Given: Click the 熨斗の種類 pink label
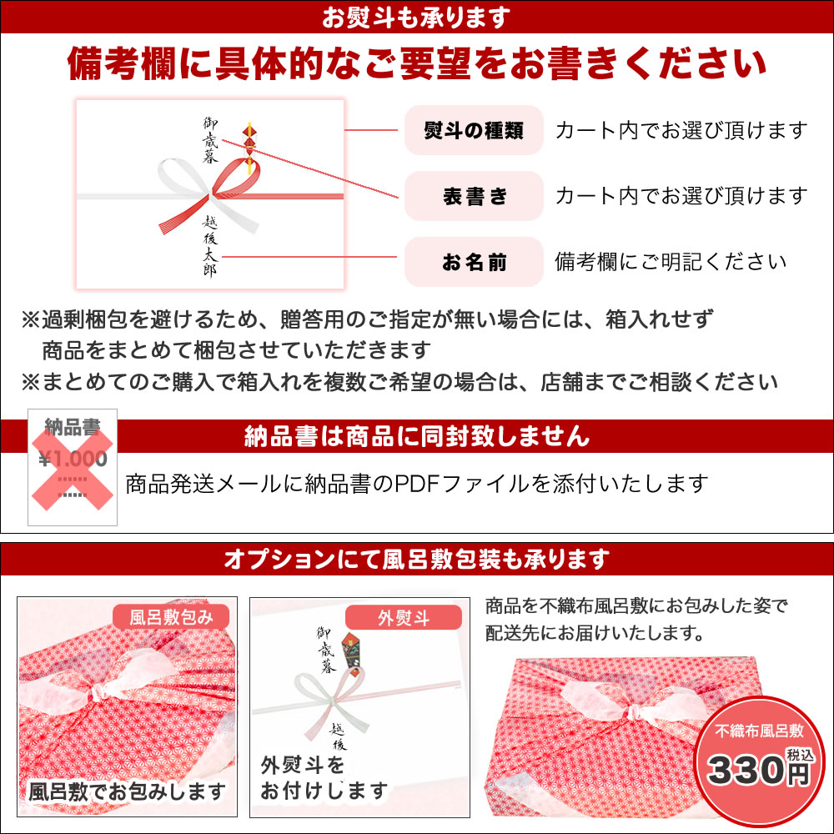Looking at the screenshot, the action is point(474,130).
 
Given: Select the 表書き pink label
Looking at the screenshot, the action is point(474,196).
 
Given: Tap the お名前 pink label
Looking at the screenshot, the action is point(474,262).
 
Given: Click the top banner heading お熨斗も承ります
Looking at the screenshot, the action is point(416,17).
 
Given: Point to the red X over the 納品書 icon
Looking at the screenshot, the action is point(73,469).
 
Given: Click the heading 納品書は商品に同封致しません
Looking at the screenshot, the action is point(416,436).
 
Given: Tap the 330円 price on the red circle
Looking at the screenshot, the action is point(758,770).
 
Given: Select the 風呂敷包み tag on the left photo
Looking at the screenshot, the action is point(171,617).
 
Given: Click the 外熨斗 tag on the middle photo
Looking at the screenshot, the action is point(403,617).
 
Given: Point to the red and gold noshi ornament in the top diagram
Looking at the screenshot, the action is point(249,147).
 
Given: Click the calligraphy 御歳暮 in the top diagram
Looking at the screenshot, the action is point(211,140).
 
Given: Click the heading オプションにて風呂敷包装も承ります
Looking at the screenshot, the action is point(416,559).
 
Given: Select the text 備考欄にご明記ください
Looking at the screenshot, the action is point(671,262).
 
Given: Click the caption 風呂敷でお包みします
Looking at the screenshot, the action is point(127,791).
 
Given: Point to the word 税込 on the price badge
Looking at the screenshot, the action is point(800,755).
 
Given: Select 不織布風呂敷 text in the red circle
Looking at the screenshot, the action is point(758,731).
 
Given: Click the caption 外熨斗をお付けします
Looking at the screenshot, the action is point(324,778).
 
